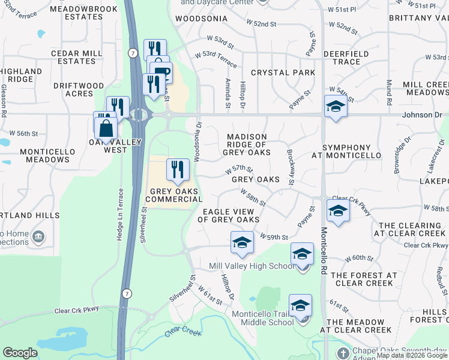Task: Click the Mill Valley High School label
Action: [252, 266]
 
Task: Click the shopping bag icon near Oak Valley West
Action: [106, 128]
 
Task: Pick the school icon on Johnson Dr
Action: [336, 107]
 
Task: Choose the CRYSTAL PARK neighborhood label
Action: [283, 73]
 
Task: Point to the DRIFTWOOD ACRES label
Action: [78, 89]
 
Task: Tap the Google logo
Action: [20, 353]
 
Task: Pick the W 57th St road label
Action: [239, 170]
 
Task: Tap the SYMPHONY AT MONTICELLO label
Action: [351, 151]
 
